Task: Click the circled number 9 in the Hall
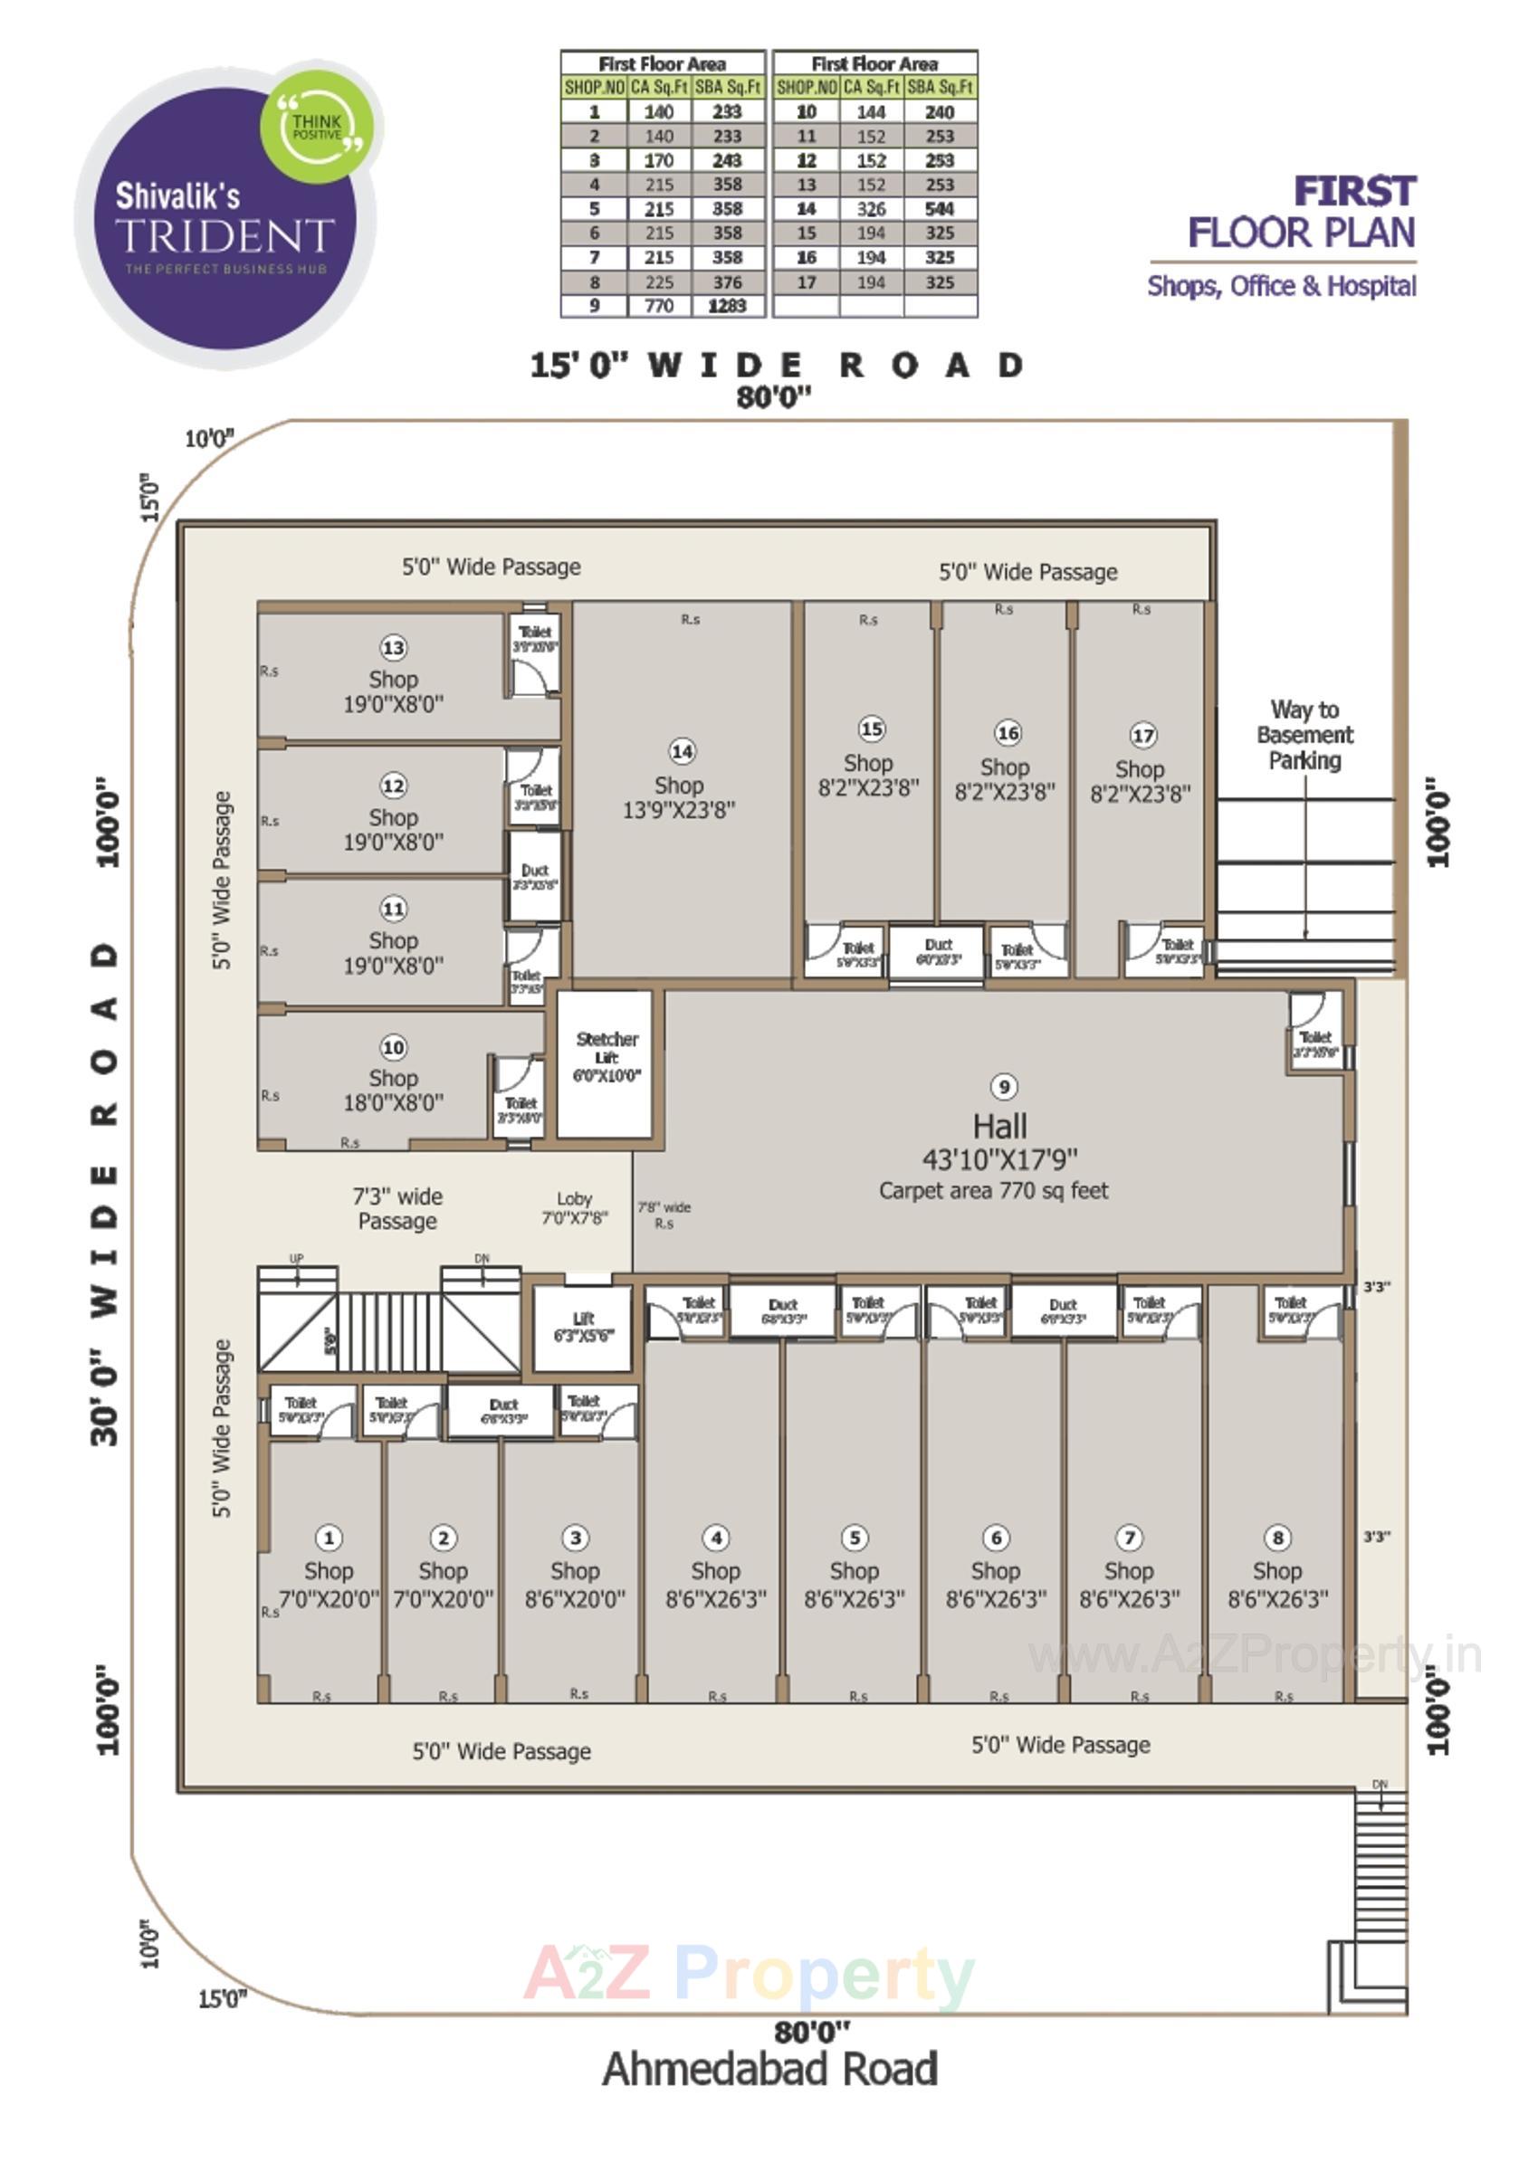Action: coord(1003,1086)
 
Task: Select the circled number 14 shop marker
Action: coord(682,751)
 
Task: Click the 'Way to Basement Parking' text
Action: coord(1304,735)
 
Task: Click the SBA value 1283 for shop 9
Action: coord(727,306)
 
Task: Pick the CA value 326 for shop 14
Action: coord(871,208)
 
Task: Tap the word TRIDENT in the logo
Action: coord(225,234)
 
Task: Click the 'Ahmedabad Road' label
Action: coord(770,2069)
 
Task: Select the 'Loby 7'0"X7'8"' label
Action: coord(574,1208)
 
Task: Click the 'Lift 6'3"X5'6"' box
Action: coord(583,1327)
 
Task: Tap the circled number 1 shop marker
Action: coord(329,1538)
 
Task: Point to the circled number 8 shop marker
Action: coord(1277,1538)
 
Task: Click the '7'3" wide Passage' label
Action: coord(397,1209)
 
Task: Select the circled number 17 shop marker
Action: coord(1143,736)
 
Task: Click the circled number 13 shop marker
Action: coord(393,648)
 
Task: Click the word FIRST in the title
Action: coord(1354,191)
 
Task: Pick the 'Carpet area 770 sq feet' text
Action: coord(993,1191)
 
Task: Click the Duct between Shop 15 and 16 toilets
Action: coord(938,950)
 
